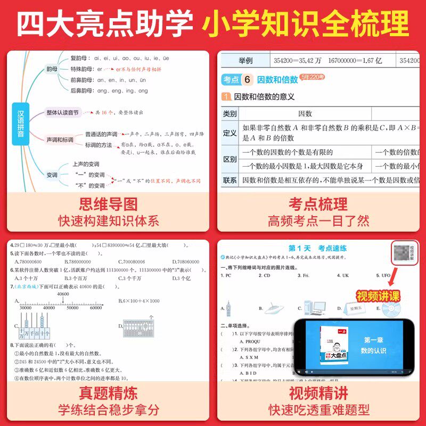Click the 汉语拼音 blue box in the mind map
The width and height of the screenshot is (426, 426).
(21, 124)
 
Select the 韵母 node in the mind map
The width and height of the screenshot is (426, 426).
(52, 69)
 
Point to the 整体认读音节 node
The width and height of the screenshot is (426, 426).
(62, 113)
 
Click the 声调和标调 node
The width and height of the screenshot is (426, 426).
(60, 140)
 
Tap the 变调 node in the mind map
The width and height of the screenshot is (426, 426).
(52, 175)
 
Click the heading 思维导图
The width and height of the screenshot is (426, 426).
(108, 203)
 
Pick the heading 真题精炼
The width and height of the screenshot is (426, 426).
(108, 394)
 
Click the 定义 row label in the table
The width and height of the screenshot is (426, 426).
(230, 133)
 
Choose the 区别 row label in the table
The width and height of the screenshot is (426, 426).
(230, 159)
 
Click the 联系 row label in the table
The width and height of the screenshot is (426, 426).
(230, 180)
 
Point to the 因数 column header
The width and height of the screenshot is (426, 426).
(305, 113)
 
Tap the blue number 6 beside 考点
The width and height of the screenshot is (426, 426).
(247, 80)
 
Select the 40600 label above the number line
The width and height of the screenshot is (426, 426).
(63, 294)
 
